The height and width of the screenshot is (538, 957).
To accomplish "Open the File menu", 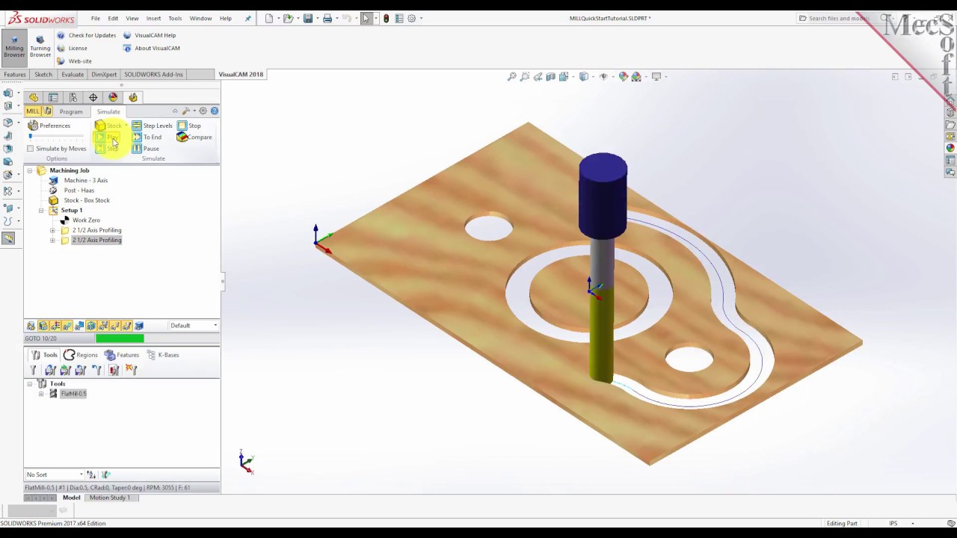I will point(96,18).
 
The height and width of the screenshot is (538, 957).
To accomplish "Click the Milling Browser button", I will point(14,46).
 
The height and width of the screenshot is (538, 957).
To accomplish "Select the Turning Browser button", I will point(40,46).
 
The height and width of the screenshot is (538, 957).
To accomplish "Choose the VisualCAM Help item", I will point(155,35).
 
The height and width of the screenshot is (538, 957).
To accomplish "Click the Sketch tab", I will point(43,75).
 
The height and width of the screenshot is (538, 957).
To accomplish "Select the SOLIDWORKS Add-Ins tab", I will point(153,75).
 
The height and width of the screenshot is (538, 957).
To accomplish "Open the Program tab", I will point(71,111).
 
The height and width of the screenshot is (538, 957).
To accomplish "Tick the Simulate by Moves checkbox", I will point(31,149).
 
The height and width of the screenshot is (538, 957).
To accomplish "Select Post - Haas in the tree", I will point(79,191).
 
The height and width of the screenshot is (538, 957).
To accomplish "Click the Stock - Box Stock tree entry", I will point(87,200).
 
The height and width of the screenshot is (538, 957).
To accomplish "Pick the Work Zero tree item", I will point(86,220).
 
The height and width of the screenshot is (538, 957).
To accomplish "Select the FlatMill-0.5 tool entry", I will point(73,394).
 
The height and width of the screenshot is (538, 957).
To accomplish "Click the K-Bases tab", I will point(167,355).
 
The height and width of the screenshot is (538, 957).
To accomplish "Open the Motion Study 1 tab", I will point(109,498).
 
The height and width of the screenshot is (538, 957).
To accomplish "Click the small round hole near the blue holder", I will point(488,227).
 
